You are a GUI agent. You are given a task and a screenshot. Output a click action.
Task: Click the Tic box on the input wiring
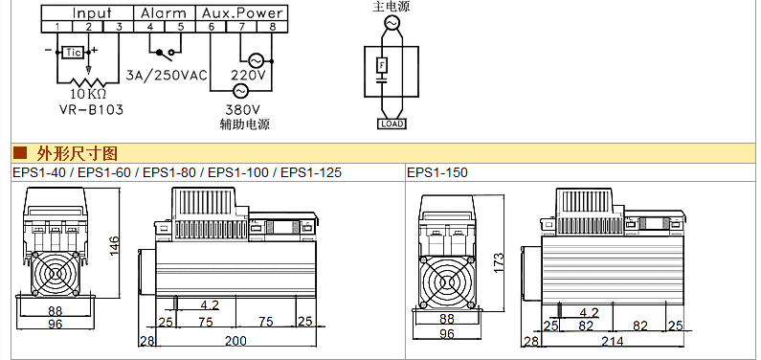74,52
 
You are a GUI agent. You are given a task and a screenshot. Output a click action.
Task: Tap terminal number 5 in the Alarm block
181,27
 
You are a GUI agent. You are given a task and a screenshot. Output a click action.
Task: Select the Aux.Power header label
242,12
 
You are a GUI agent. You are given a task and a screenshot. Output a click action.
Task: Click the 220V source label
248,76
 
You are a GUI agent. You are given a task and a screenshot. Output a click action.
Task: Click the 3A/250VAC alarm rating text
167,76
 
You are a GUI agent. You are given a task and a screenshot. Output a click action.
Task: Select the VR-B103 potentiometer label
91,110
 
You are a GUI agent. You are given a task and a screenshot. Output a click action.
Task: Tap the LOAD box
392,124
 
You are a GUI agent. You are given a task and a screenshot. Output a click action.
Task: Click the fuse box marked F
383,64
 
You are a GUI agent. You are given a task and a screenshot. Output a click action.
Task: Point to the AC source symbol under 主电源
392,22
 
